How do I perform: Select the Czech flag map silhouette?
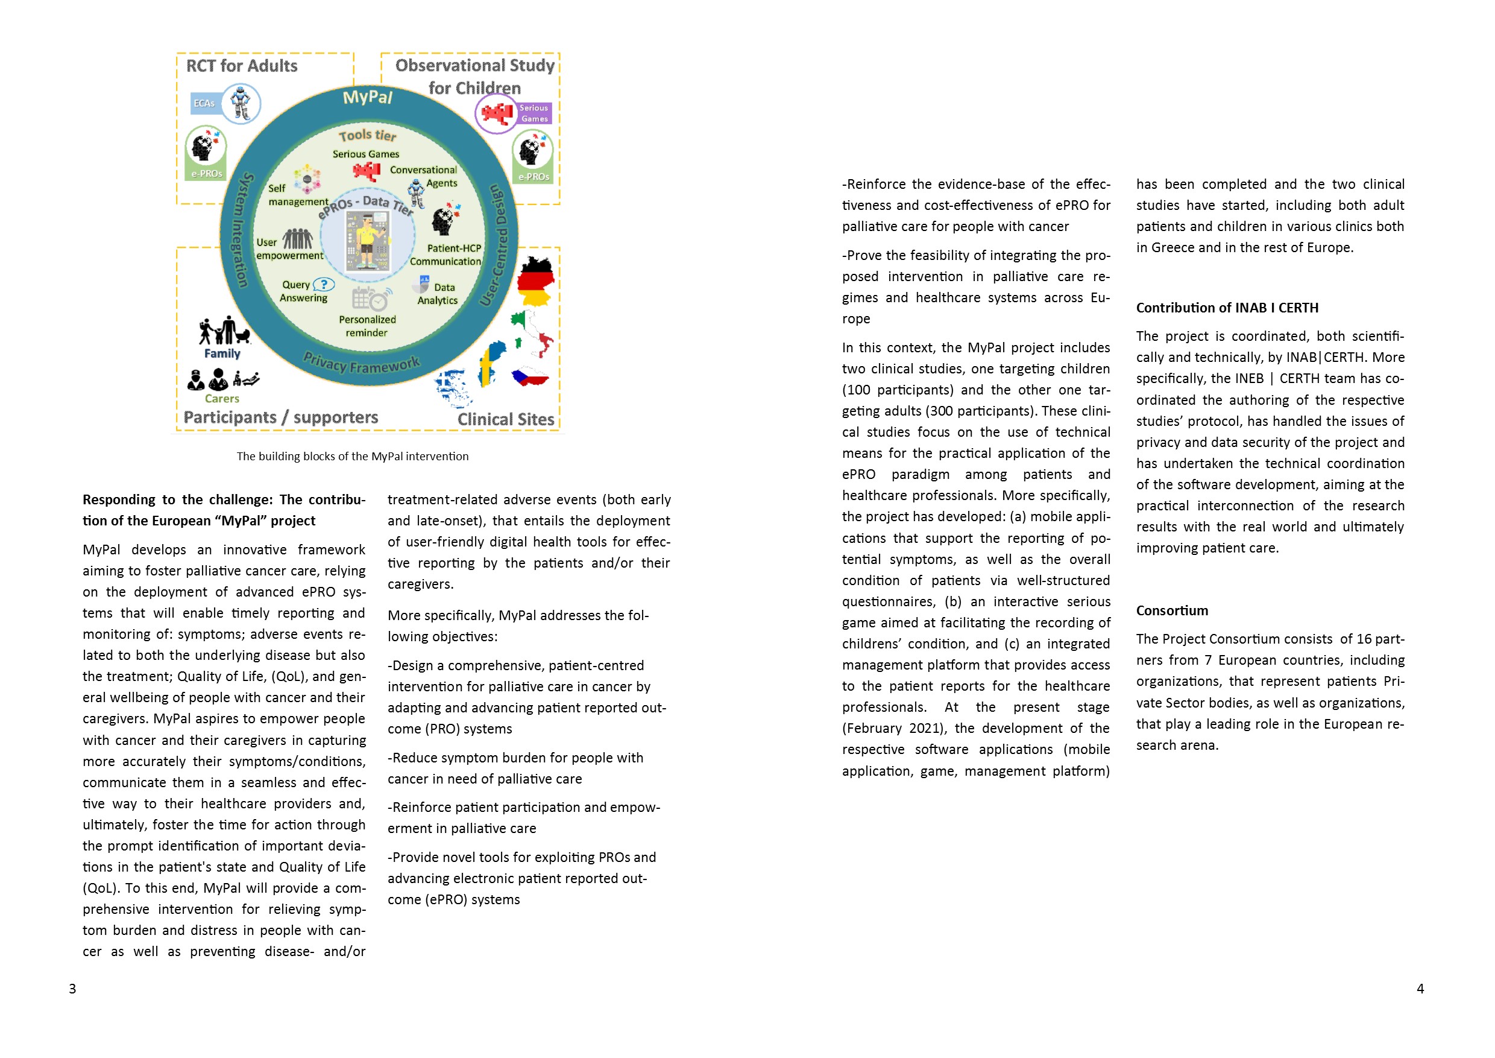coord(529,376)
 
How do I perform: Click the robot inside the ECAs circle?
coord(241,103)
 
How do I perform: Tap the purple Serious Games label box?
coord(534,113)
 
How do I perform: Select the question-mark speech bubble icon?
coord(324,285)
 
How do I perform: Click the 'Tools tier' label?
coord(367,136)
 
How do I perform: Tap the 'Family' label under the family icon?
coord(222,353)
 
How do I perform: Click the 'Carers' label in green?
coord(222,399)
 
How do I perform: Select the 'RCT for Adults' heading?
coord(242,66)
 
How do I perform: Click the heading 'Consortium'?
coord(1172,610)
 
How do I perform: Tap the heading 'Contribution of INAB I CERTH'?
coord(1227,308)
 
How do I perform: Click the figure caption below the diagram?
coord(352,456)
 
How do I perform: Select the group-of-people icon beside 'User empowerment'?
coord(298,239)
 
